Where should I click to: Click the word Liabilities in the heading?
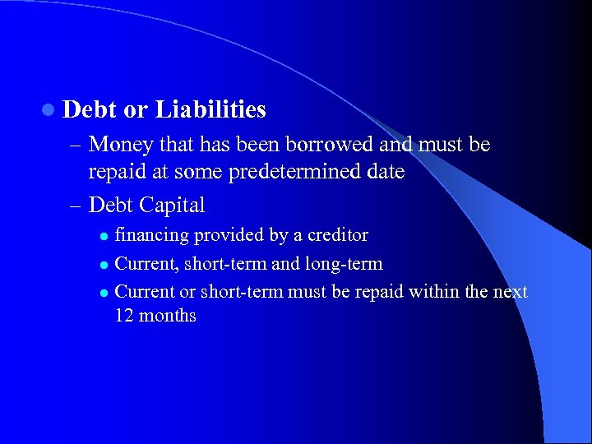point(210,109)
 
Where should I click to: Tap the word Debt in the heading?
point(88,109)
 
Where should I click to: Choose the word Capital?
point(173,204)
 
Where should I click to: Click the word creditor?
point(337,235)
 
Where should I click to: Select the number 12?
point(125,316)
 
